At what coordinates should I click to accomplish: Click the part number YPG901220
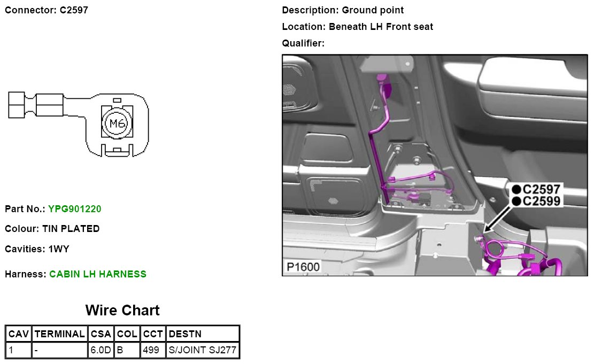point(74,208)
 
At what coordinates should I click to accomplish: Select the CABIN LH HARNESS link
point(97,274)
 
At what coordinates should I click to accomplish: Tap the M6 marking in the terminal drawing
point(117,124)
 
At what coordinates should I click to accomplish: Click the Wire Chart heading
point(122,311)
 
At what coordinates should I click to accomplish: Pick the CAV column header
point(18,334)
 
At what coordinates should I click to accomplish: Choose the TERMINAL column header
point(59,334)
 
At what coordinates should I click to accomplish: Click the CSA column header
point(101,334)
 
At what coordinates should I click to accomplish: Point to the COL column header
point(127,334)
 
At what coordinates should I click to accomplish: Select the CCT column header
point(153,334)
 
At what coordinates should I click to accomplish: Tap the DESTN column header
point(185,334)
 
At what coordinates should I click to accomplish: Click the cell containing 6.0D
point(101,351)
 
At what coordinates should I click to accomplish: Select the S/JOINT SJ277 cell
point(203,351)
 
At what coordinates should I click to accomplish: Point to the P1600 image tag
point(303,267)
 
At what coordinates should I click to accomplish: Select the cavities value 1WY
point(59,249)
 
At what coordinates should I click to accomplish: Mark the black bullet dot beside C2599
point(516,201)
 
